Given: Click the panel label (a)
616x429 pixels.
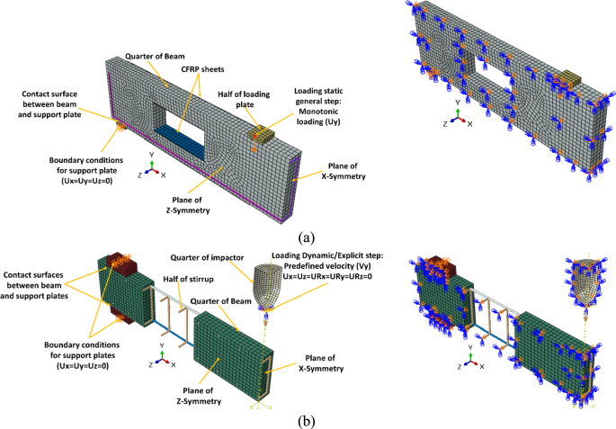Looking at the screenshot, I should click(x=308, y=237).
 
